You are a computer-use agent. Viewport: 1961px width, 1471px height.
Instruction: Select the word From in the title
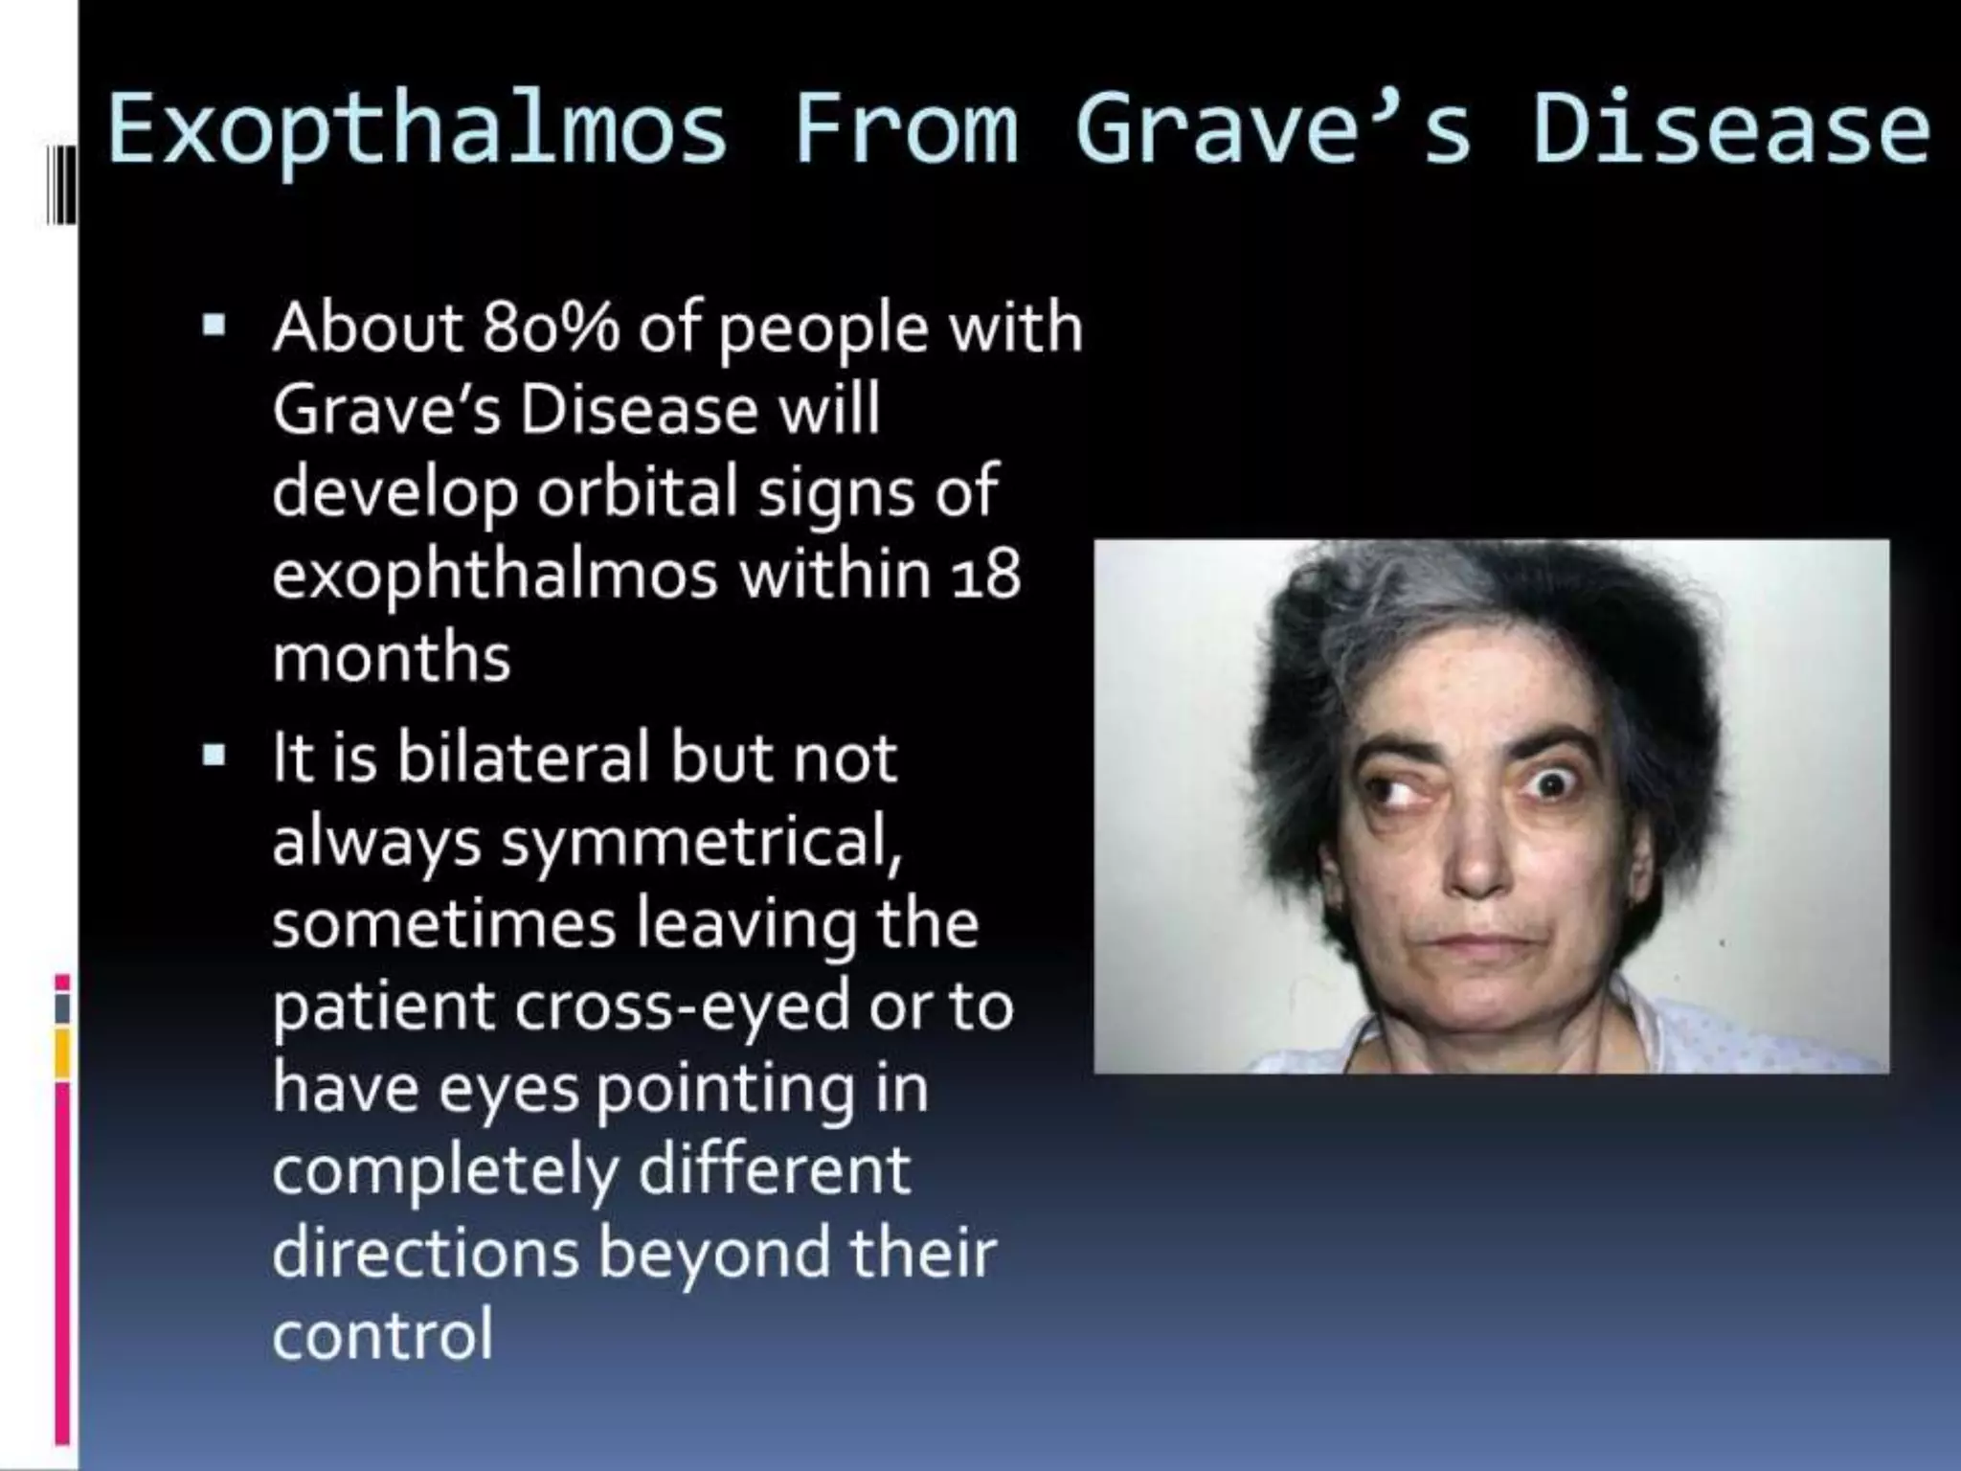(906, 129)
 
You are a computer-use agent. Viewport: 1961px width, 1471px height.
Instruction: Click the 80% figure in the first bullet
(551, 328)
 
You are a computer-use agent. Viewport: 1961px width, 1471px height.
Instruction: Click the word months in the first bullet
(392, 658)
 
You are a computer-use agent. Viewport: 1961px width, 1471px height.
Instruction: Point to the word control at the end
(383, 1334)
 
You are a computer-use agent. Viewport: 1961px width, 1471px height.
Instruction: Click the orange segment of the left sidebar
(63, 1052)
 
